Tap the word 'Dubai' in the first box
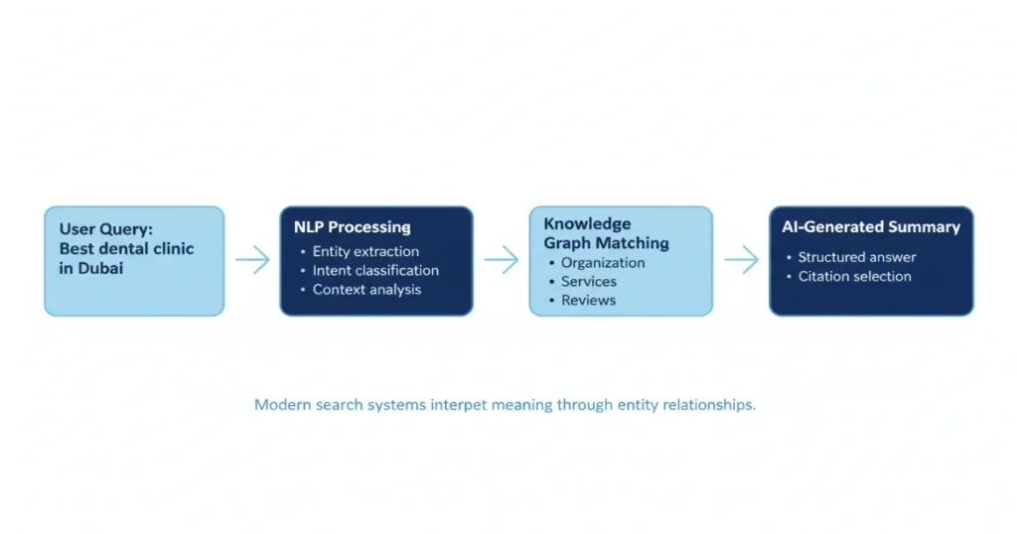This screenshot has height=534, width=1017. click(x=99, y=268)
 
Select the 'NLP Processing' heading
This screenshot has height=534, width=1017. click(x=353, y=227)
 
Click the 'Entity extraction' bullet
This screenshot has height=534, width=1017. click(x=365, y=251)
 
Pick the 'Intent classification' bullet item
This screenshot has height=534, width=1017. click(x=375, y=270)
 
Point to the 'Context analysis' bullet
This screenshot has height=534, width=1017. click(x=366, y=290)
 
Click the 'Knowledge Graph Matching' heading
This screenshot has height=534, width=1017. click(x=606, y=233)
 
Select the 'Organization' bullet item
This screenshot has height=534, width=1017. click(x=603, y=263)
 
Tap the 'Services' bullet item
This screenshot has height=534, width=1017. click(x=589, y=282)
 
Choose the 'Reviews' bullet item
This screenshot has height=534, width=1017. click(x=588, y=301)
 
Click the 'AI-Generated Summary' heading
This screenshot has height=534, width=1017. click(x=871, y=227)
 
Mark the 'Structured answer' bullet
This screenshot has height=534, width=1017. click(x=857, y=257)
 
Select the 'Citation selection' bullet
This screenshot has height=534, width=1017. click(x=854, y=277)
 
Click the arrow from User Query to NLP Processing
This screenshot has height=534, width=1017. click(x=252, y=260)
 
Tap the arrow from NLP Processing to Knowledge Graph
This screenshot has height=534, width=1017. click(x=502, y=260)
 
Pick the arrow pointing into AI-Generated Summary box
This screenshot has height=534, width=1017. click(x=741, y=260)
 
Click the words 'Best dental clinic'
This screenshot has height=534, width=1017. click(x=126, y=249)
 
